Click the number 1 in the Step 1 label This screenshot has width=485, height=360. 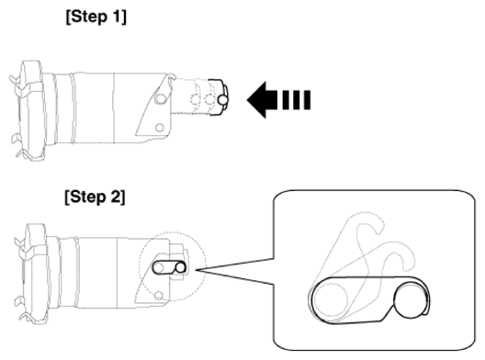(x=117, y=17)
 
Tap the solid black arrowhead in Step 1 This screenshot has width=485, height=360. (x=262, y=100)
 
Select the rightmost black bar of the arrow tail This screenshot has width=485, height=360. (x=307, y=100)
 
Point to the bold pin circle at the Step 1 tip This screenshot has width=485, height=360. (x=223, y=100)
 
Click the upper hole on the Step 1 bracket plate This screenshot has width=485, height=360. (x=160, y=99)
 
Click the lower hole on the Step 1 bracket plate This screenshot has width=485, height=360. (x=159, y=128)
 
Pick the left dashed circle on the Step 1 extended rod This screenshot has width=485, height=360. (x=196, y=100)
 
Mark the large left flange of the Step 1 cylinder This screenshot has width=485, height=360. (x=29, y=110)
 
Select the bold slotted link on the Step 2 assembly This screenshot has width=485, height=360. (x=169, y=267)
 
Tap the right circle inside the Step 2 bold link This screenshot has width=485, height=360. (x=180, y=268)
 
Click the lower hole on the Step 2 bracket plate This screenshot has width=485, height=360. (x=158, y=296)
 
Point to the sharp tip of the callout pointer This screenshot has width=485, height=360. (x=196, y=270)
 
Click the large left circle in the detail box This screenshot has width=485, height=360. (x=331, y=299)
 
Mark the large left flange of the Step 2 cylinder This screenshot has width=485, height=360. (x=34, y=274)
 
